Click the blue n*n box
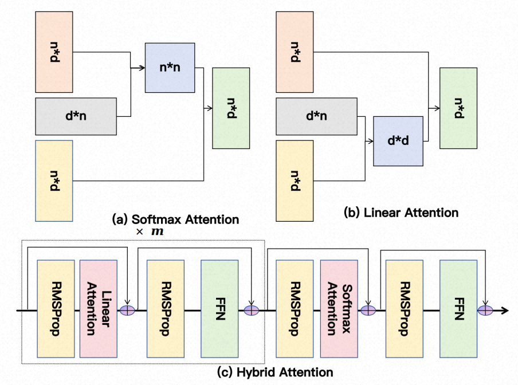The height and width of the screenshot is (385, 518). tap(170, 68)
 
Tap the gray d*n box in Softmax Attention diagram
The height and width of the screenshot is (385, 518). tap(77, 116)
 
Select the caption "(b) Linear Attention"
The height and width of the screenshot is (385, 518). tap(401, 213)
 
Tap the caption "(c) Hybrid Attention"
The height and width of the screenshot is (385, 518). tap(276, 372)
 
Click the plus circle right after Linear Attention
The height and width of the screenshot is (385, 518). tap(126, 310)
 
